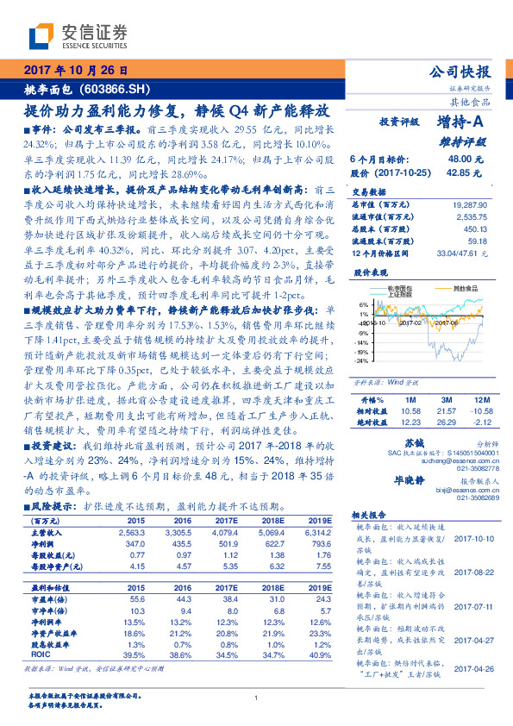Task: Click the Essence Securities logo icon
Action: tap(42, 37)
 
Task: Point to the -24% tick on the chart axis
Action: tap(364, 361)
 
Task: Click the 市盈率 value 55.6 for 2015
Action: tap(135, 598)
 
